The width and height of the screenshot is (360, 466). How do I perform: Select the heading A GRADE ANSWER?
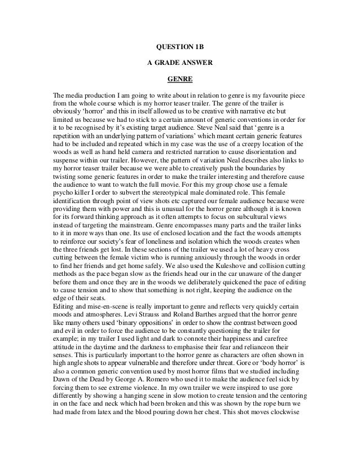coord(180,63)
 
